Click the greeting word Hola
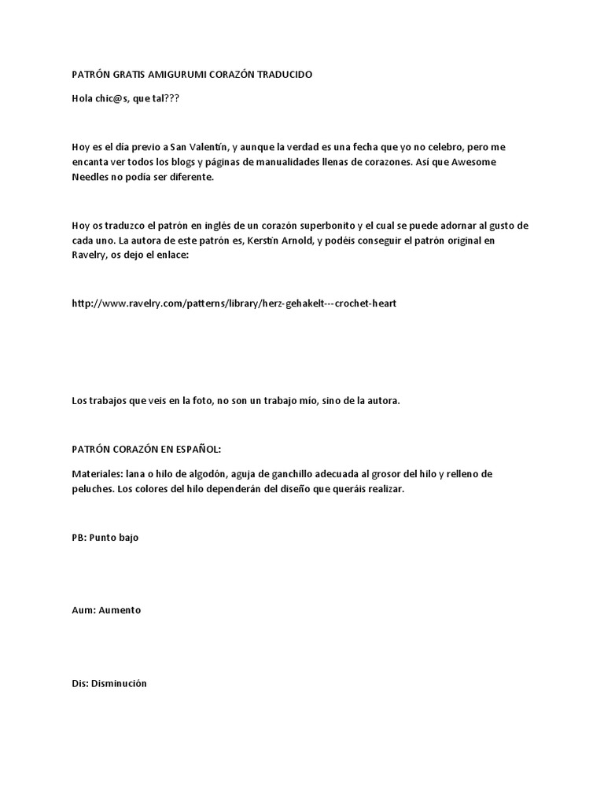click(83, 99)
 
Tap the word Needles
click(89, 177)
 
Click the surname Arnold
click(292, 241)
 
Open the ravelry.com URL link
click(234, 303)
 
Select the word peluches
click(91, 488)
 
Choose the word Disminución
click(119, 683)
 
